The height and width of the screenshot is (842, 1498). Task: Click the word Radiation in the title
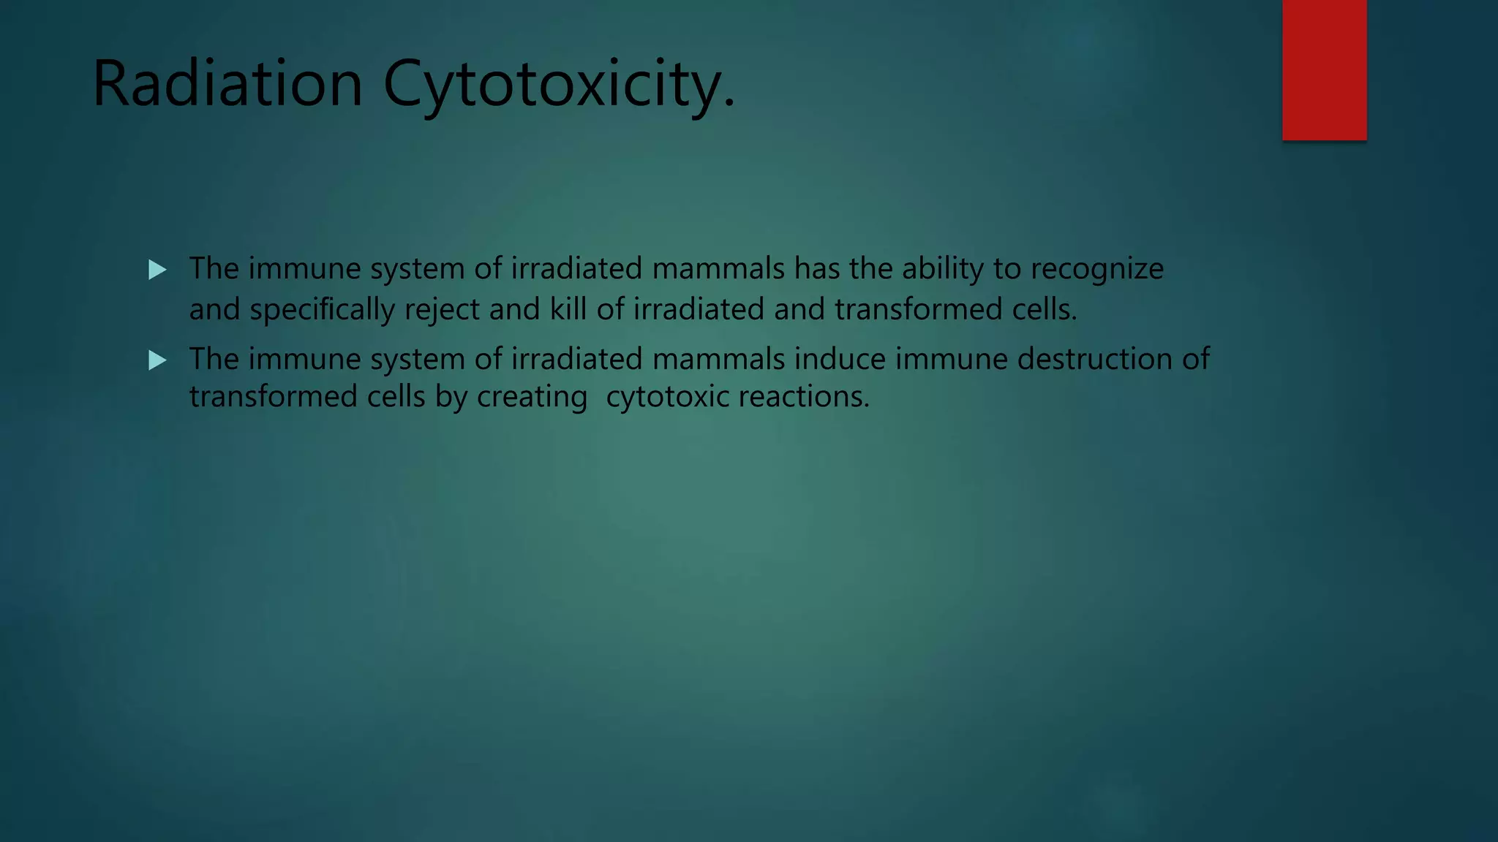click(227, 84)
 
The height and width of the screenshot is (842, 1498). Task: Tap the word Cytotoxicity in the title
click(558, 86)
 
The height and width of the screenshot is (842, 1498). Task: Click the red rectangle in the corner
click(1324, 70)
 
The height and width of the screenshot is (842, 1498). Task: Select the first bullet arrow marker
click(157, 270)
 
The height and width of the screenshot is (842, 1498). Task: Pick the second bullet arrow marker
click(157, 360)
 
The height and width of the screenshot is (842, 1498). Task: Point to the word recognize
click(1097, 270)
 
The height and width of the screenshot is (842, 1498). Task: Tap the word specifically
click(322, 310)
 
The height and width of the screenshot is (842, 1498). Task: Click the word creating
click(532, 398)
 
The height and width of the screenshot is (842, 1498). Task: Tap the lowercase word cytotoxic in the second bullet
click(667, 398)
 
